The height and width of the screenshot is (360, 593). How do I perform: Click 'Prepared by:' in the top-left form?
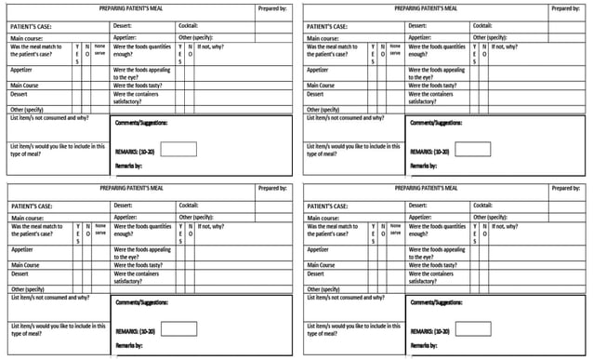272,7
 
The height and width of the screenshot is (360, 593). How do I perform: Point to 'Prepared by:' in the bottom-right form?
566,188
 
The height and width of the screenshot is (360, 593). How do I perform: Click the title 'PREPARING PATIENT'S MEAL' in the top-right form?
426,7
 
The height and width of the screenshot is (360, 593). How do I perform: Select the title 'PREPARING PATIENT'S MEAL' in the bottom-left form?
130,188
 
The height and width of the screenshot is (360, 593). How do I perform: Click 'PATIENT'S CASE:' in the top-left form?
31,26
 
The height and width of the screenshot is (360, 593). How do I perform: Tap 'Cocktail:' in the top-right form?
482,25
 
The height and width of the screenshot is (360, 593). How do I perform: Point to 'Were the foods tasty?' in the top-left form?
138,85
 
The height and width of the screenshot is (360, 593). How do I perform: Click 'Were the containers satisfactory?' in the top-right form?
431,97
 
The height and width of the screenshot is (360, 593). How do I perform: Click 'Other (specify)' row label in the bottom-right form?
323,289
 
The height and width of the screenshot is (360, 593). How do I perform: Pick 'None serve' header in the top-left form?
99,48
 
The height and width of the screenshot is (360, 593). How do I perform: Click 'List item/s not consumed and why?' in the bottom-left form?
48,298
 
